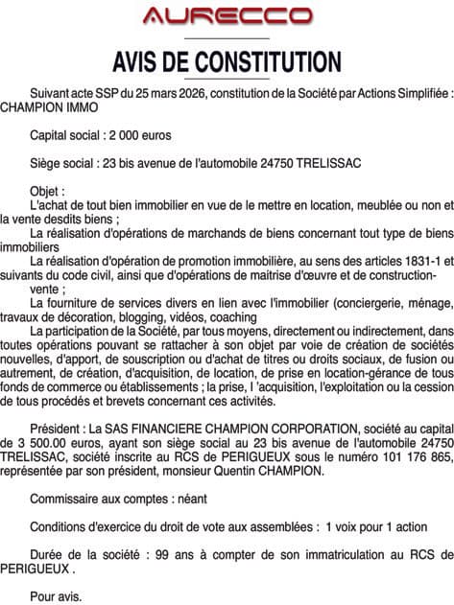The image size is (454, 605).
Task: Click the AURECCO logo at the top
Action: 227,15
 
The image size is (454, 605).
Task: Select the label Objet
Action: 48,192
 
